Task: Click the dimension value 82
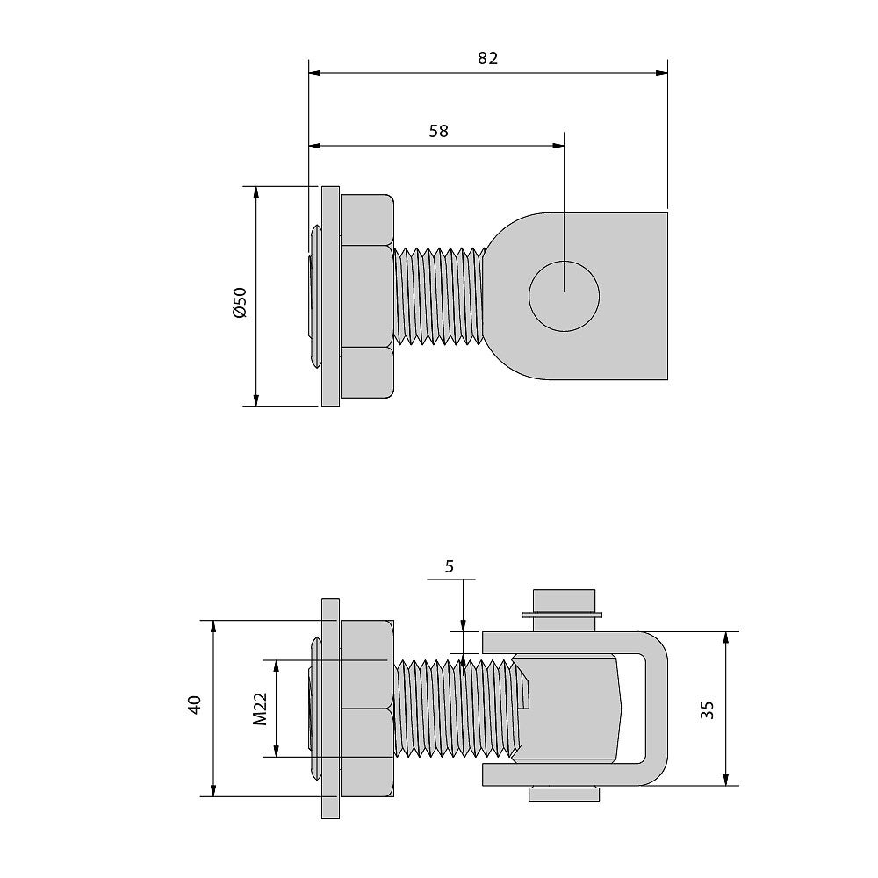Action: pos(487,58)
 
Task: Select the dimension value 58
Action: pos(438,131)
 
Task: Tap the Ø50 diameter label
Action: pos(240,303)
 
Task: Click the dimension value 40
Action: pos(194,704)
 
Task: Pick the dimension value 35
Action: pos(707,710)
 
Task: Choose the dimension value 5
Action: pos(450,566)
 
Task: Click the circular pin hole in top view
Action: pos(564,296)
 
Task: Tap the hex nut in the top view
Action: pos(367,296)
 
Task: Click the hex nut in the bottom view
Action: pos(367,709)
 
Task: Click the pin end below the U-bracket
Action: pos(564,794)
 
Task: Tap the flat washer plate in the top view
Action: pos(330,296)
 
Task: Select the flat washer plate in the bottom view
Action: pos(330,709)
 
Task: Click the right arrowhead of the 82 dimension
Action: pos(662,73)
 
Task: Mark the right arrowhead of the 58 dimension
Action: pos(558,146)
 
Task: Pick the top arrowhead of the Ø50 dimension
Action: pos(255,193)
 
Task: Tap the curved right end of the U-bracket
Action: pos(659,709)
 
